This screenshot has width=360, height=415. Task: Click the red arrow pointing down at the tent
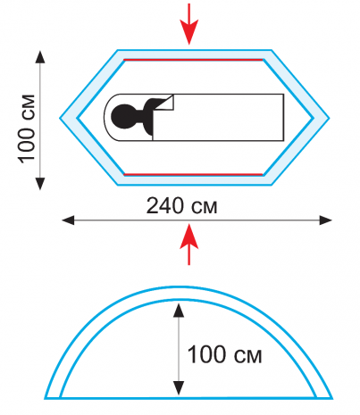[188, 24]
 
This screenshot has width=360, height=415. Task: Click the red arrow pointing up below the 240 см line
[188, 245]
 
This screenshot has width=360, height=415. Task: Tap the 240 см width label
[181, 206]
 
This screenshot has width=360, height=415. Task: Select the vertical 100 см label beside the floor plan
[27, 129]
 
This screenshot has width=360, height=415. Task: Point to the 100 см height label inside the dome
[224, 354]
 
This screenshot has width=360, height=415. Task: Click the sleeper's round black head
[122, 117]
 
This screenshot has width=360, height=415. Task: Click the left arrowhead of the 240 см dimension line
[68, 220]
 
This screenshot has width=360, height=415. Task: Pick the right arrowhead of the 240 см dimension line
[325, 220]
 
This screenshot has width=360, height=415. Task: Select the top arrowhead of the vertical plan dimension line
[40, 57]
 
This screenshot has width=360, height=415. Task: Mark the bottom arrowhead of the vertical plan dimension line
[40, 184]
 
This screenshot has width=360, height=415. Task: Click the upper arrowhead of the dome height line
[179, 310]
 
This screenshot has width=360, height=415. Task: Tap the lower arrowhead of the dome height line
[179, 388]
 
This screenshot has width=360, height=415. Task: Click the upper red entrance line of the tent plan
[193, 60]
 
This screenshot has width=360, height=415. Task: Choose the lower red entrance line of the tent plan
[193, 174]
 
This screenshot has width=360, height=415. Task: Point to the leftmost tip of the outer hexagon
[60, 118]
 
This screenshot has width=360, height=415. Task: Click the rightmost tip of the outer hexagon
[329, 118]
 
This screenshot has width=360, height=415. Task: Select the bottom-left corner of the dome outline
[46, 399]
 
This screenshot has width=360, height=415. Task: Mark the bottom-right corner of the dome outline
[332, 399]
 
